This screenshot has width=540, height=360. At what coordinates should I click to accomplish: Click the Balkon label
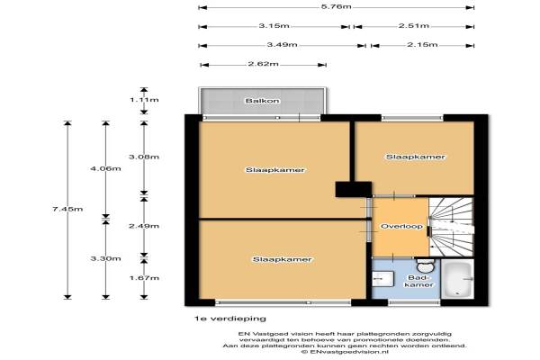(262, 101)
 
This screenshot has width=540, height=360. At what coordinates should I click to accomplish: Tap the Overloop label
(401, 226)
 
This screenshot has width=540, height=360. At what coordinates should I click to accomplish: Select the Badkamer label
(418, 281)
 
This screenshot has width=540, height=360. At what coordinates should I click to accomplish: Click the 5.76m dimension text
(336, 6)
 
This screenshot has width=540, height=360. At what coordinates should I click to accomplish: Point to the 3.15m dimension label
(274, 26)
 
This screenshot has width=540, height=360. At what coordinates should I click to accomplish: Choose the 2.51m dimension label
(414, 26)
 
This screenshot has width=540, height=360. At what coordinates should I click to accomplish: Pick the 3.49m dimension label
(282, 45)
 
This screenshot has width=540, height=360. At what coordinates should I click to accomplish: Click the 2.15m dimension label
(422, 45)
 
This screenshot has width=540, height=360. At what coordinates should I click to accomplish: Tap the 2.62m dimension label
(263, 64)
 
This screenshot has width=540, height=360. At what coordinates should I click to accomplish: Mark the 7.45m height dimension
(67, 209)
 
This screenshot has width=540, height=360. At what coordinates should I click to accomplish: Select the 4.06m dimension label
(105, 169)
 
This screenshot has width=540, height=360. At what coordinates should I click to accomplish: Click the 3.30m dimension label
(105, 258)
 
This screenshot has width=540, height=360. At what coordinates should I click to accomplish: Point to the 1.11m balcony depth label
(144, 100)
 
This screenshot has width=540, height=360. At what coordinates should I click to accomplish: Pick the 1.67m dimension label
(144, 278)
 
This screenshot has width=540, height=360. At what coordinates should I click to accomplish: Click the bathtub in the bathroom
(457, 279)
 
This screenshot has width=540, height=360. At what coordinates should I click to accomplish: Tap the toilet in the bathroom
(426, 265)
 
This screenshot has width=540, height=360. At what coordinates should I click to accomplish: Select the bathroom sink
(383, 279)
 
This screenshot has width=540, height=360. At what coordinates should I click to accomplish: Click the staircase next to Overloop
(451, 227)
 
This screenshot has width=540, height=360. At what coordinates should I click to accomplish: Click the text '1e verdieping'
(230, 319)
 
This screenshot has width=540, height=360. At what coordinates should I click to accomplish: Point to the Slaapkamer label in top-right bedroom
(415, 157)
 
